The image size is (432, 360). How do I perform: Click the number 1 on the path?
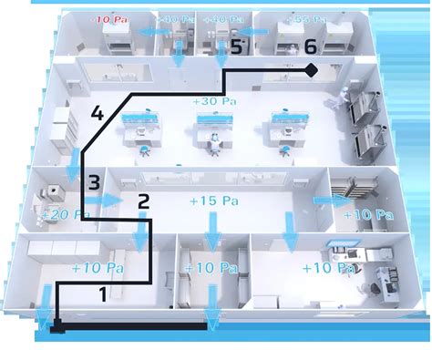pos(103,293)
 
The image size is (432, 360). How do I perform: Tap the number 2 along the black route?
pos(142,201)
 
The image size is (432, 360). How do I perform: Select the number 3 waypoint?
pos(94,182)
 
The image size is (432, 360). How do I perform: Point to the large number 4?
pos(98,116)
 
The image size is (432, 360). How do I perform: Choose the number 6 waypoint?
pos(310,46)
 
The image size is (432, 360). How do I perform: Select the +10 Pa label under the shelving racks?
pos(370,216)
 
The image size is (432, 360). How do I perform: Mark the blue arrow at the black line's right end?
pos(212,317)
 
